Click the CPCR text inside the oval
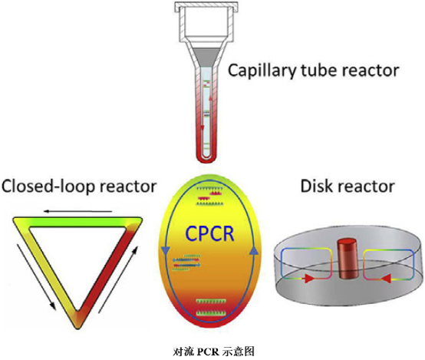coord(212,233)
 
